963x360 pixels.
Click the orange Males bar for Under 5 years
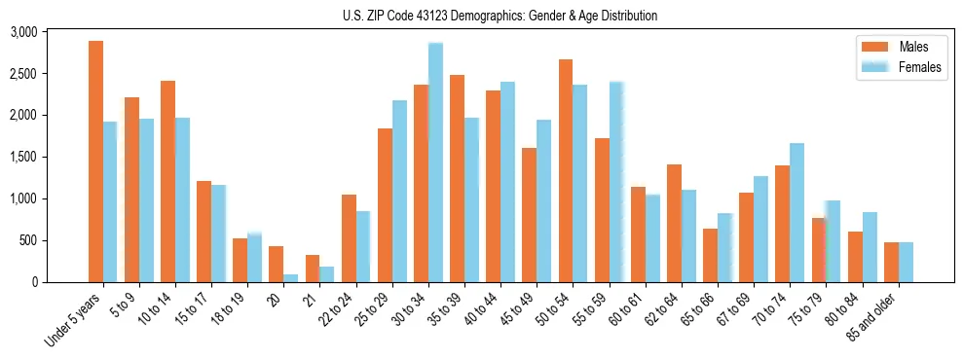click(95, 162)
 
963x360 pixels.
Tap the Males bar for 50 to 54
click(566, 171)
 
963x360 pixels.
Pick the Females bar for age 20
click(291, 278)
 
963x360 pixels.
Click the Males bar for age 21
click(313, 269)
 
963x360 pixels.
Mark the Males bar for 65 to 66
click(710, 256)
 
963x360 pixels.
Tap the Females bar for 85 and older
click(906, 263)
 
